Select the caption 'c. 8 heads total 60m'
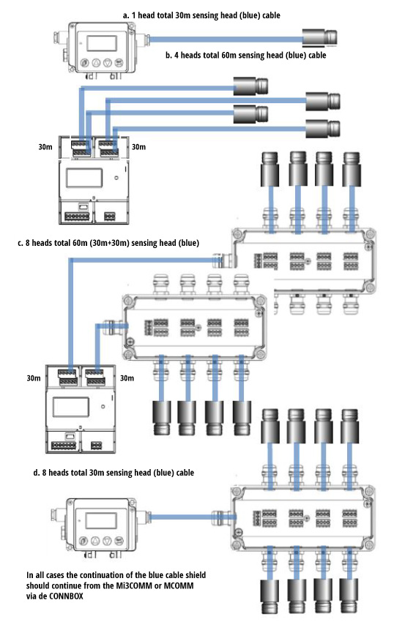click(x=119, y=242)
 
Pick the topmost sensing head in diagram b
click(x=251, y=87)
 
